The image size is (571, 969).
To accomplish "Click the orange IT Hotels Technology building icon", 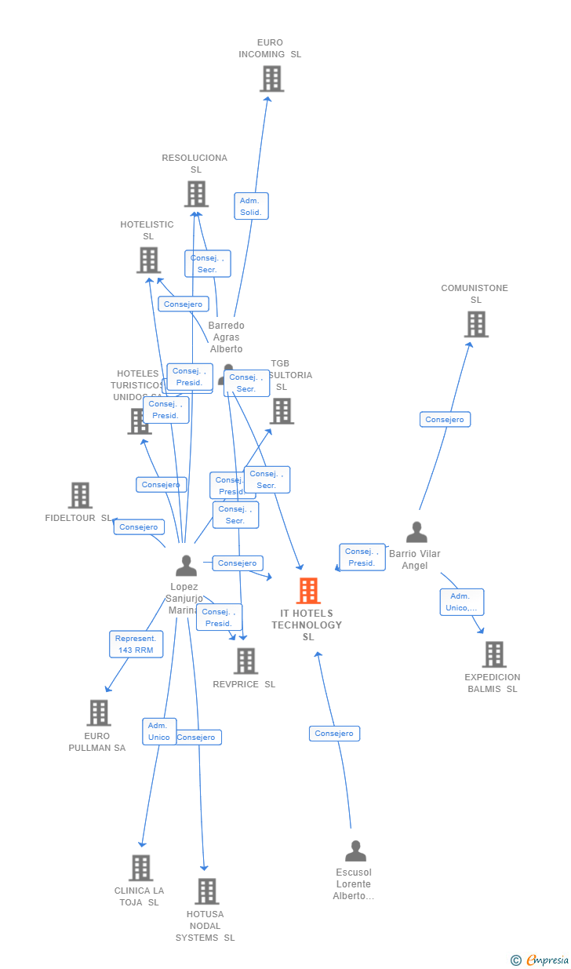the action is point(308,591).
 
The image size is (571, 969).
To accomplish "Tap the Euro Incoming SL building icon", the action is point(271,78).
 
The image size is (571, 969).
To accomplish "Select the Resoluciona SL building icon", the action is point(196,194).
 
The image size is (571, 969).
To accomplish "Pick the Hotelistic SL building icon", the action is point(148,260).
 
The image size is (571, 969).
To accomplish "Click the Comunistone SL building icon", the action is point(476,324).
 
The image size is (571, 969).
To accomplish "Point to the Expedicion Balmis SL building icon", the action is point(494,654).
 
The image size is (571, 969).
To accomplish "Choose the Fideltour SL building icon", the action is point(80,495).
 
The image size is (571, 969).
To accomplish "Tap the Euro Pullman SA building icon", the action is point(99,713).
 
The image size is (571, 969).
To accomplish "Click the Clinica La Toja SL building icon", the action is point(141,868).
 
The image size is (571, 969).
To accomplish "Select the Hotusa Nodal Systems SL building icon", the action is point(207,891).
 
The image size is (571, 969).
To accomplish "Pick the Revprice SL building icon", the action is point(246,661).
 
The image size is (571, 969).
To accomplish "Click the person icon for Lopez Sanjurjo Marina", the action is point(186,566).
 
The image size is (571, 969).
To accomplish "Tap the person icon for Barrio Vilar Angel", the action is point(416,532).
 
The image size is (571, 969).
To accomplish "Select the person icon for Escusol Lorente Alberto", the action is point(355,851).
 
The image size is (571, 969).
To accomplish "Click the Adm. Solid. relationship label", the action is point(251,206).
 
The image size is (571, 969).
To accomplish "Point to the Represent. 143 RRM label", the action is point(136,644).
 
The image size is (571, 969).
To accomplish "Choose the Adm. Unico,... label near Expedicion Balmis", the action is point(461,602).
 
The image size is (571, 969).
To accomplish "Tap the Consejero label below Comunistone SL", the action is point(445,420).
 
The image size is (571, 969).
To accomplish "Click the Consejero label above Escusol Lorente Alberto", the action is point(334,734).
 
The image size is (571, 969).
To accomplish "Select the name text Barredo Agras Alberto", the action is point(226,337).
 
